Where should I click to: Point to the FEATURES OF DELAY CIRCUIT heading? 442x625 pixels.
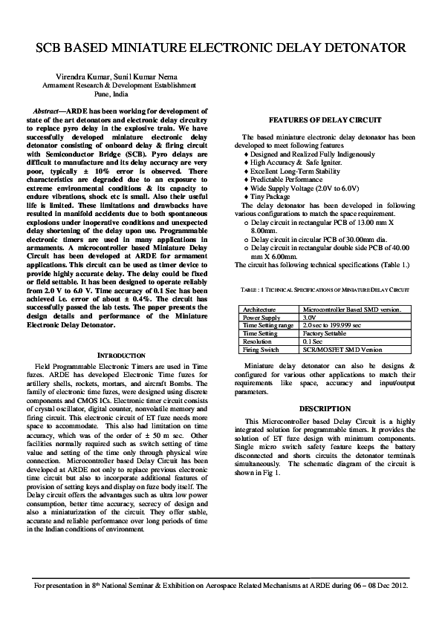tap(325, 120)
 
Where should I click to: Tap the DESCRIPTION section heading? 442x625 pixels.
tap(325, 409)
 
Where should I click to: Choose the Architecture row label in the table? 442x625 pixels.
tap(259, 310)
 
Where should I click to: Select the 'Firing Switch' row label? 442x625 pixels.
tap(261, 350)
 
